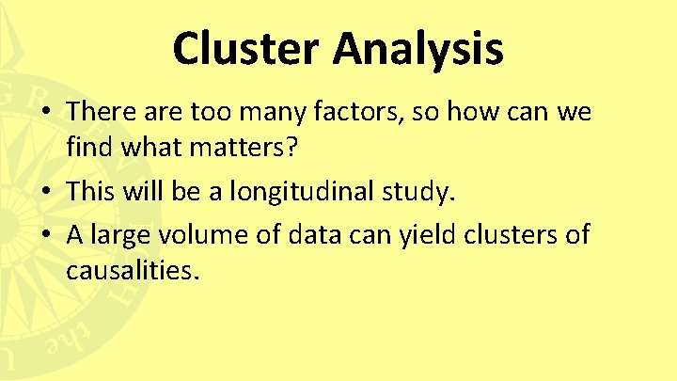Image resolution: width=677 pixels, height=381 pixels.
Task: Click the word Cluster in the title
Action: point(241,49)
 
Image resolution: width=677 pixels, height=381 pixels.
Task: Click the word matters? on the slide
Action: point(254,148)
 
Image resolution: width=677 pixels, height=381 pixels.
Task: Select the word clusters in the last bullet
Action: point(508,234)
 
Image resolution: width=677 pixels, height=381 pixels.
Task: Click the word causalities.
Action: point(134,272)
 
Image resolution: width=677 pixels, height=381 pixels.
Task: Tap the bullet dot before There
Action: point(45,112)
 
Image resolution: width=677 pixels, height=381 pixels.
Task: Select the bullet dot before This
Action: point(45,193)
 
